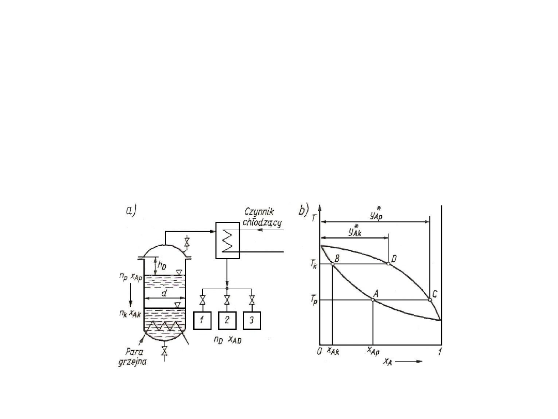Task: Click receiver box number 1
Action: click(x=202, y=320)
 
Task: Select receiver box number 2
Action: click(x=227, y=320)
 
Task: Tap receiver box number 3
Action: click(x=252, y=320)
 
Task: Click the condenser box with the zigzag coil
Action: click(x=228, y=241)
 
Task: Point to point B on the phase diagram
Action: click(x=332, y=264)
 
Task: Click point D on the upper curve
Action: click(x=388, y=264)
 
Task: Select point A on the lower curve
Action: click(x=373, y=300)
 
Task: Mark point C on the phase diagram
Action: click(x=430, y=300)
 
